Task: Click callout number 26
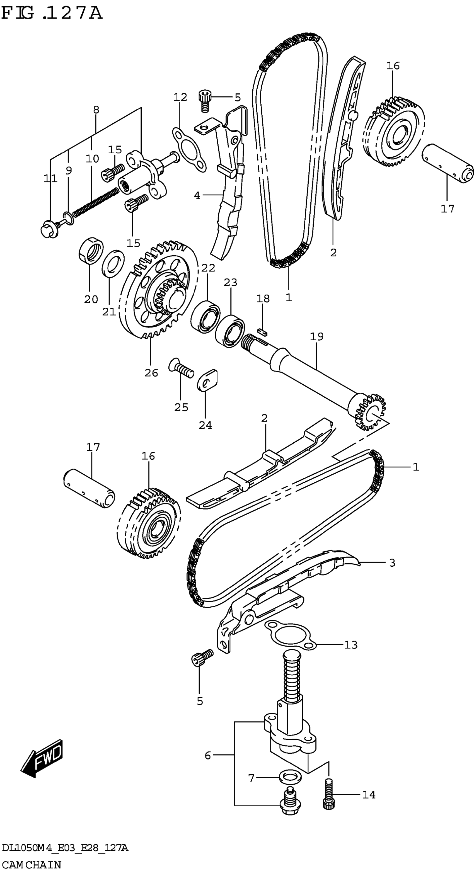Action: click(151, 373)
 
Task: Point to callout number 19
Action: click(317, 337)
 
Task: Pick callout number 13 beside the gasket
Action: click(351, 645)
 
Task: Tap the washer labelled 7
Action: click(290, 778)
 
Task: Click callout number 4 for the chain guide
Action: click(197, 195)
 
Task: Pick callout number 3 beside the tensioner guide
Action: click(392, 563)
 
